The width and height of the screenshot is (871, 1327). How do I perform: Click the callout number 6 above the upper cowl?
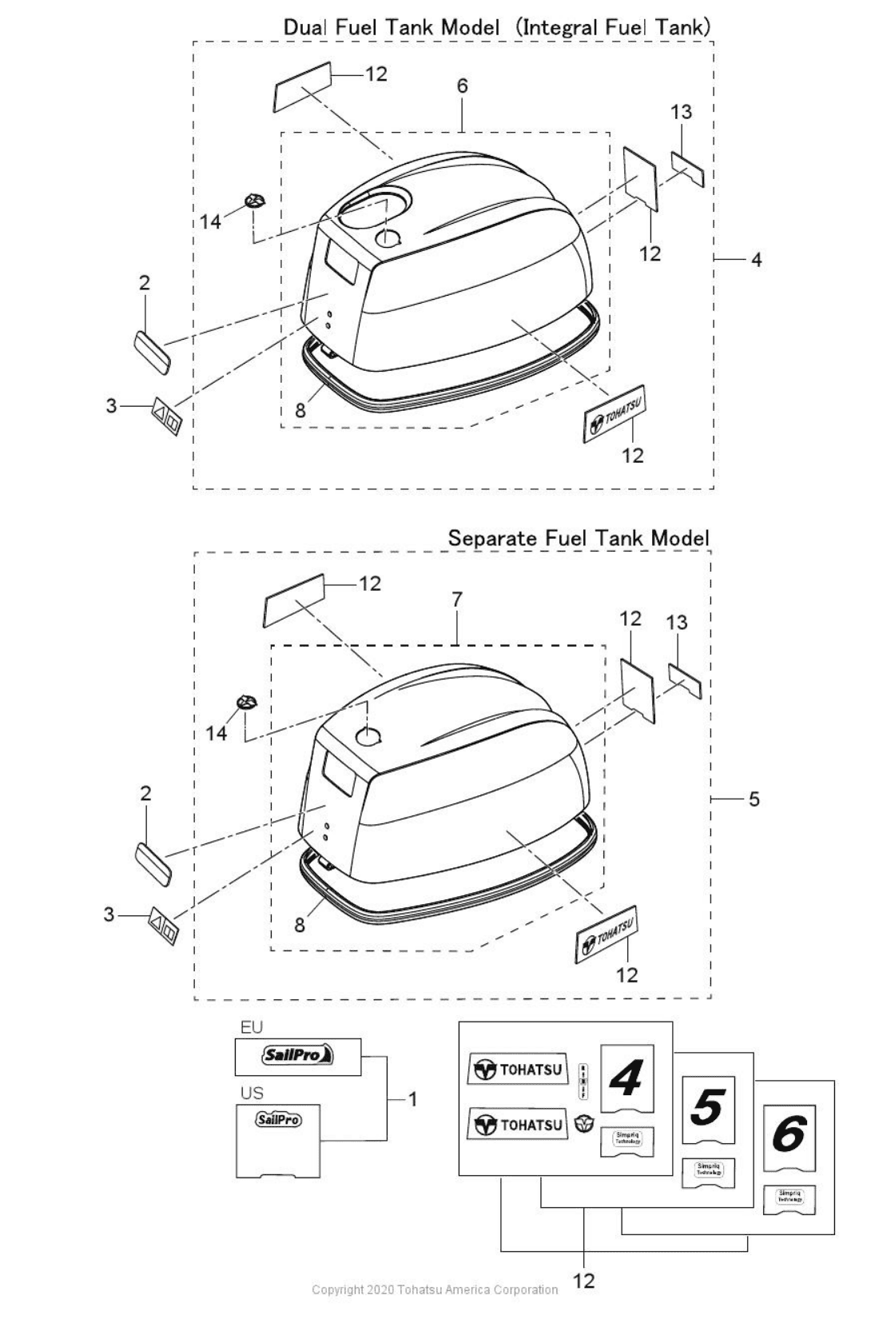pos(463,86)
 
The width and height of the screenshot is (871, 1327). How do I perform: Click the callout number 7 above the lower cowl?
pos(456,599)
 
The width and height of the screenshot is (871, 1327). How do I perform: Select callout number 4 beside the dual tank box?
pos(756,259)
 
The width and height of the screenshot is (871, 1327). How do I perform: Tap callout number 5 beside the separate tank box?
pos(754,799)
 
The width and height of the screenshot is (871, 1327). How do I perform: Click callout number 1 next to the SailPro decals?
pos(412,1100)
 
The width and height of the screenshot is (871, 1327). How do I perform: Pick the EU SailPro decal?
pos(298,1056)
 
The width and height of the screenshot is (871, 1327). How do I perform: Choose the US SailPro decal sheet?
pos(278,1140)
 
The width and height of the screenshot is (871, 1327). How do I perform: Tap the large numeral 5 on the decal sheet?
pos(708,1108)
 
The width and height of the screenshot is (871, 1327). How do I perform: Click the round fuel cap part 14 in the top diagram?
pos(255,201)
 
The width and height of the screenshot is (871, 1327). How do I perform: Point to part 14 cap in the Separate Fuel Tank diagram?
pos(247,703)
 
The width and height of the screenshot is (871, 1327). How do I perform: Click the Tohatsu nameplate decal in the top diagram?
pos(614,415)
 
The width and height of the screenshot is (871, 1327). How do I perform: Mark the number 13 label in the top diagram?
pos(681,112)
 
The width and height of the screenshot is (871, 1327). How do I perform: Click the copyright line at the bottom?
pos(435,1289)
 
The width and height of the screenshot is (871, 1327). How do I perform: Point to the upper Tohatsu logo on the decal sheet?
pos(518,1070)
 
